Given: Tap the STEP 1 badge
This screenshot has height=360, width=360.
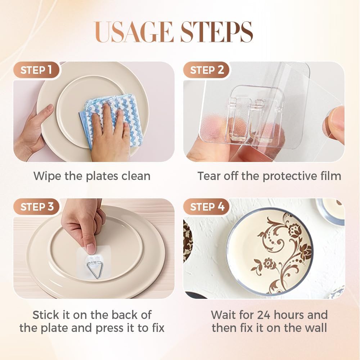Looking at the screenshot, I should (37, 70).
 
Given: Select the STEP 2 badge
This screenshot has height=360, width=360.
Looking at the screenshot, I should (207, 70).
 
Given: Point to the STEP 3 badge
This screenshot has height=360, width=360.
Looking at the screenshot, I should (37, 207).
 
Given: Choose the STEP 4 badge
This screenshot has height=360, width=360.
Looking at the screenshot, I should (207, 207).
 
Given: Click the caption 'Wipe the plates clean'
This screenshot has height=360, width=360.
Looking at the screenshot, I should (92, 176).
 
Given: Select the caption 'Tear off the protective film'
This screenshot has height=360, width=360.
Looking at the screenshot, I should (269, 176).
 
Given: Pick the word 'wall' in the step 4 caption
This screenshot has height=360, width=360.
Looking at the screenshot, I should (316, 328).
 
